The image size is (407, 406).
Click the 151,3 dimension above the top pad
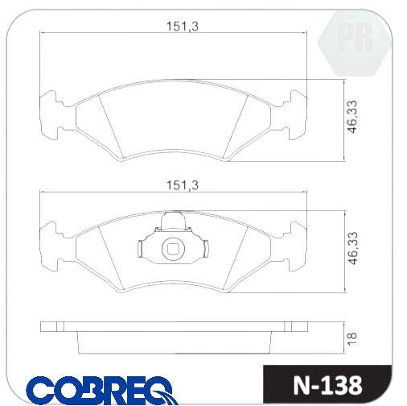click(x=183, y=27)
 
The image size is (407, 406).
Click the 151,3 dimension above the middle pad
click(x=183, y=185)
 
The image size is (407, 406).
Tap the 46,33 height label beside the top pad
click(x=352, y=117)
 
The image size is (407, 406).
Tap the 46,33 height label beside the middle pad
click(x=352, y=248)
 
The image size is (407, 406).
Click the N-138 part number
click(x=327, y=386)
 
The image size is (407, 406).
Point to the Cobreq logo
click(x=102, y=390)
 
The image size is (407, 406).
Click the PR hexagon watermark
click(x=355, y=43)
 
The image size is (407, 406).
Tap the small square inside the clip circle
click(x=173, y=249)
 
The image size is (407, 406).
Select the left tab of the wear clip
click(x=140, y=248)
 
